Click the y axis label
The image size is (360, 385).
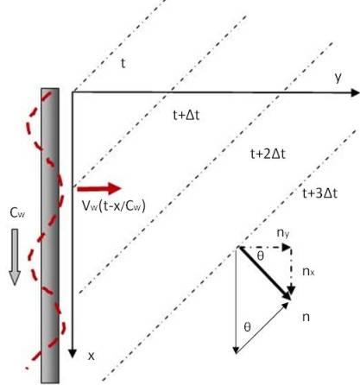point(338,78)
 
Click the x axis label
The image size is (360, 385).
point(92,357)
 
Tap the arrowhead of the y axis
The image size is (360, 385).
point(356,92)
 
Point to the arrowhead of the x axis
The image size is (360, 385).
point(73,354)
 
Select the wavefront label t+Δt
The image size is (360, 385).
point(186,115)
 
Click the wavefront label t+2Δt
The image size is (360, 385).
point(268,155)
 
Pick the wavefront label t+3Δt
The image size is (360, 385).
point(319,193)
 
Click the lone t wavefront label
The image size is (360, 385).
point(123,63)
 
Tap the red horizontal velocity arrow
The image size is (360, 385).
point(99,188)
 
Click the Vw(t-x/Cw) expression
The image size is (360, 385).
point(113,206)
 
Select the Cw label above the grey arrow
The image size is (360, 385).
point(17,213)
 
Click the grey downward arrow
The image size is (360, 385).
point(14,257)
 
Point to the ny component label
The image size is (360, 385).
point(283,233)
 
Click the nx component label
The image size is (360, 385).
point(308,271)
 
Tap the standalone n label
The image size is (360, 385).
point(306,317)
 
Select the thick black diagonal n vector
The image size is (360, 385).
point(265,274)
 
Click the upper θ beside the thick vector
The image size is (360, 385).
point(260,256)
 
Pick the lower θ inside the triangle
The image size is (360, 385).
point(247,327)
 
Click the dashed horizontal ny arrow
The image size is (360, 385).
point(265,247)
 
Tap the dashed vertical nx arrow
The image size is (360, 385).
point(291,270)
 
